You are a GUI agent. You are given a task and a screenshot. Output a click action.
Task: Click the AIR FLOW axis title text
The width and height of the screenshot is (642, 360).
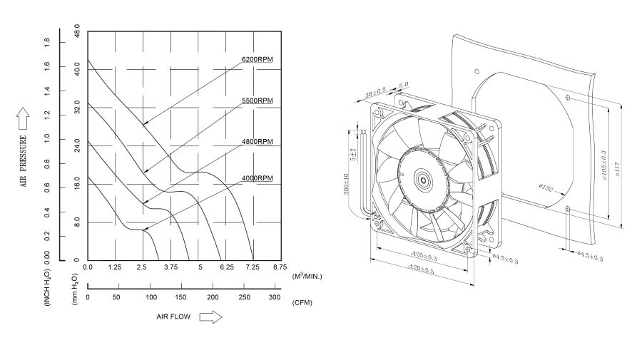click(174, 316)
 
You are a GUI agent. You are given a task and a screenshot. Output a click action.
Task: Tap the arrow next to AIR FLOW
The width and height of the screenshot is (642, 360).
click(210, 316)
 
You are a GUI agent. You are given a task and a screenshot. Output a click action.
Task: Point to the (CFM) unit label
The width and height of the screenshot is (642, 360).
click(302, 302)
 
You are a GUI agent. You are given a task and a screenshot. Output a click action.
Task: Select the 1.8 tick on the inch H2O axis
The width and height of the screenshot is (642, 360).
click(47, 43)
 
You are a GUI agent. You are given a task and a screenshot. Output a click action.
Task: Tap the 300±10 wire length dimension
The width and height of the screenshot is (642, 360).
click(347, 184)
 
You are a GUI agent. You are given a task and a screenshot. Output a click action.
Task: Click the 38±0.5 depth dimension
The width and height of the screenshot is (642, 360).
click(375, 93)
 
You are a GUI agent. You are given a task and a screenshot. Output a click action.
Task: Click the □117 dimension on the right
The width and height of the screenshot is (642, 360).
click(617, 169)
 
